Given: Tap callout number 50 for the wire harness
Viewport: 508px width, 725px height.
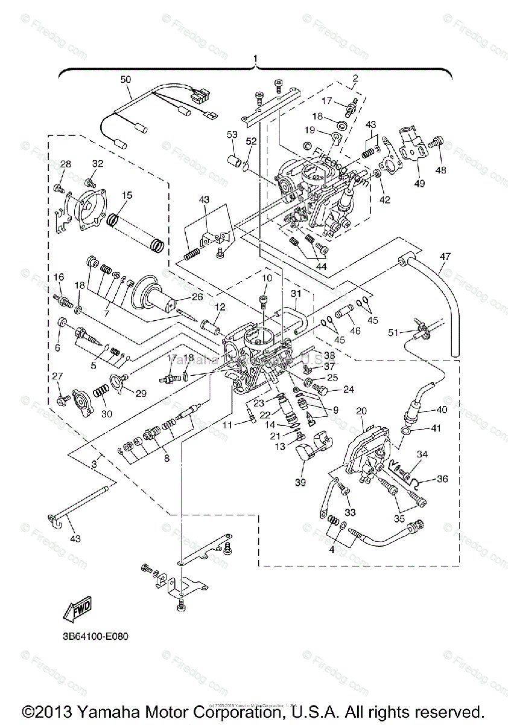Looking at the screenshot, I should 125,79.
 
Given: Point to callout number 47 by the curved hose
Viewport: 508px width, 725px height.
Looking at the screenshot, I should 445,256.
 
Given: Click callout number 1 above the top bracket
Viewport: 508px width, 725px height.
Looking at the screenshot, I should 256,58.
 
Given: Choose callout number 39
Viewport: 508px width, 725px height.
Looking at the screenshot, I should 300,482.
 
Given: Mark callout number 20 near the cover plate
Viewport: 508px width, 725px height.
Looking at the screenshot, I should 361,410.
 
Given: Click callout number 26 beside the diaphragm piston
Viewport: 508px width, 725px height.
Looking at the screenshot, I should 197,297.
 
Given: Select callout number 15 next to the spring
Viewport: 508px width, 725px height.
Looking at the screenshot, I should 127,195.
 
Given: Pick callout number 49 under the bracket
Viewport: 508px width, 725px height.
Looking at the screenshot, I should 418,183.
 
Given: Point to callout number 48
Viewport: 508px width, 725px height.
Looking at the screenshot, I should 441,170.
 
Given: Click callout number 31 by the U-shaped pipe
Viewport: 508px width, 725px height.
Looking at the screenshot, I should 296,294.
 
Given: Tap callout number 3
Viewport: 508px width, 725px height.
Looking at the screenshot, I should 94,463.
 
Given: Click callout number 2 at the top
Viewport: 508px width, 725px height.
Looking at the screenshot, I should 355,77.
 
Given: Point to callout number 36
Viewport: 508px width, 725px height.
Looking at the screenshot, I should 443,479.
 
